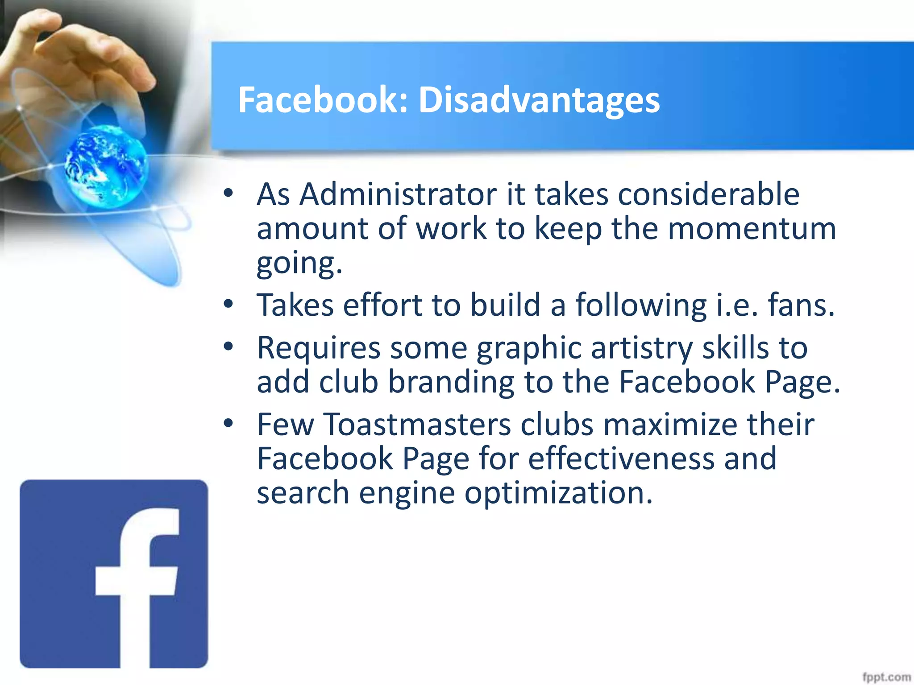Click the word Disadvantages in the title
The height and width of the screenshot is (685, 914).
[539, 100]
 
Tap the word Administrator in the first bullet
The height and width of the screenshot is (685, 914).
[398, 194]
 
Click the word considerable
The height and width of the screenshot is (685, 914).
[709, 194]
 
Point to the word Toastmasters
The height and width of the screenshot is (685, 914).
[417, 424]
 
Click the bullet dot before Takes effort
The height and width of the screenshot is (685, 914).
[228, 305]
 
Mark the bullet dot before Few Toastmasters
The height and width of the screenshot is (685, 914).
[228, 423]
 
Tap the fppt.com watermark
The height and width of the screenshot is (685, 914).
[886, 677]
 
